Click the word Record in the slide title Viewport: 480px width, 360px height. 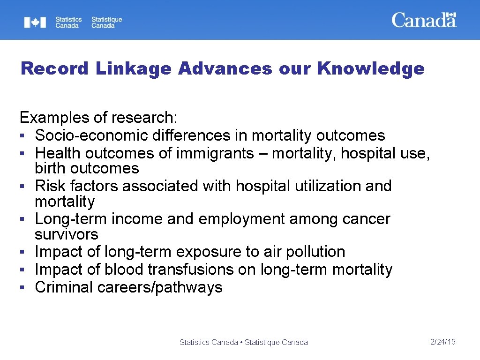pos(54,69)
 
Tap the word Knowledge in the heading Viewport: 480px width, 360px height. pos(370,69)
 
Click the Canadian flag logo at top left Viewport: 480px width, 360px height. pos(35,22)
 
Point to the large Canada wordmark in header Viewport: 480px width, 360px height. pos(424,20)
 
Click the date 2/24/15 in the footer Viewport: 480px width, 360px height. pos(443,342)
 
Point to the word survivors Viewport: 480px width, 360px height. pos(67,234)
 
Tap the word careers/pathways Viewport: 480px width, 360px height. pos(160,287)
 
